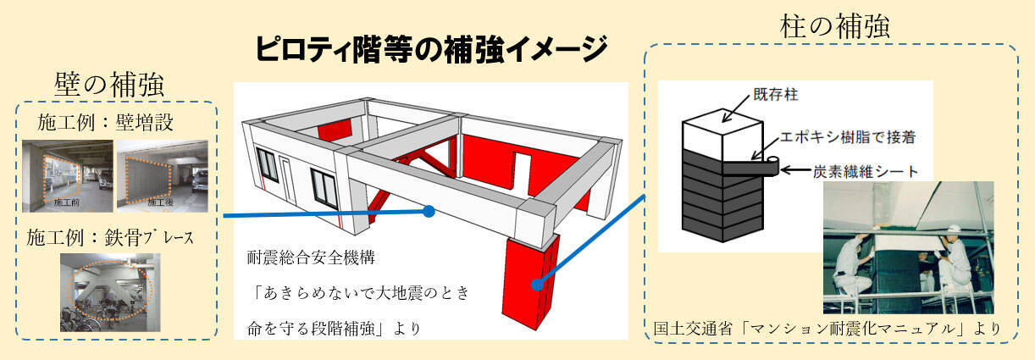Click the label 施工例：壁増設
click(105, 121)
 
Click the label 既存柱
click(768, 97)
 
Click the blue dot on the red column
click(536, 285)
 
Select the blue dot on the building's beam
click(429, 211)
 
